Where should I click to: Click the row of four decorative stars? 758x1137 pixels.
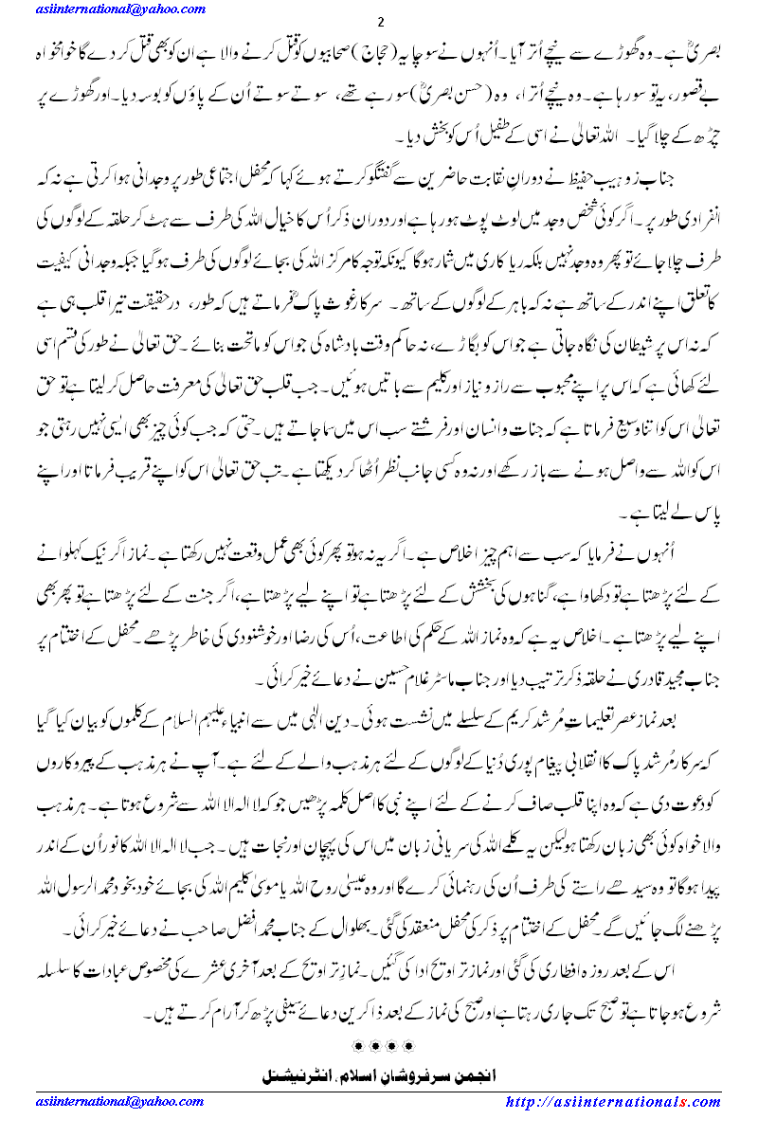(x=380, y=1046)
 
